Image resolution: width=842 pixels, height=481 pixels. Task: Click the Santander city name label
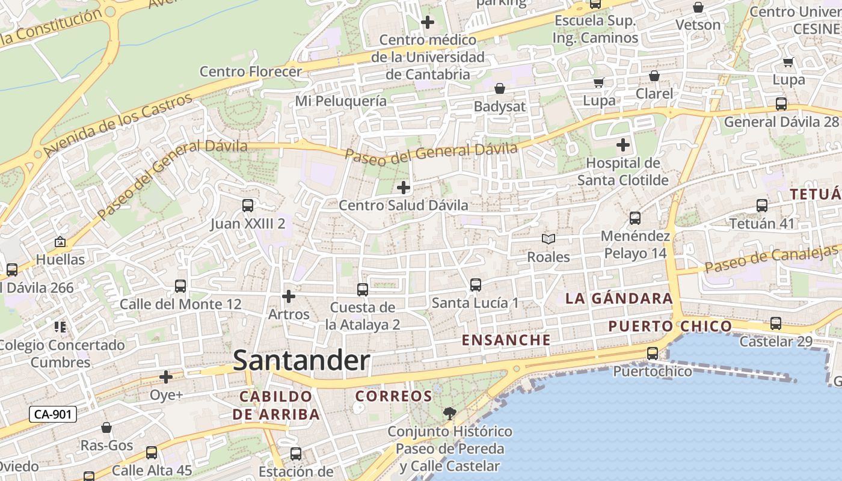(x=301, y=361)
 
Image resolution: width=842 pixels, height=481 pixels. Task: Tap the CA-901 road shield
(x=53, y=414)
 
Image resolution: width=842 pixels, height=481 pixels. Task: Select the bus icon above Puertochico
(x=653, y=354)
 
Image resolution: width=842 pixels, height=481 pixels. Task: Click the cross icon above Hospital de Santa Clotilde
(x=623, y=145)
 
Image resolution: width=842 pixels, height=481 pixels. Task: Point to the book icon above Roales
(x=548, y=239)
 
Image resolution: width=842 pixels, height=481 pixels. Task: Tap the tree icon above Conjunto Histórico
(x=449, y=413)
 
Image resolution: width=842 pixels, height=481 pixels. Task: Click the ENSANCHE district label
(x=506, y=340)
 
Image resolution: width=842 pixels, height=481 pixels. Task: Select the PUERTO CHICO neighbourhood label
(x=670, y=326)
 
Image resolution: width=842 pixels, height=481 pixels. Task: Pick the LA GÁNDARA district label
(x=619, y=298)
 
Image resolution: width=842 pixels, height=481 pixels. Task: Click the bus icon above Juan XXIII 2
(x=247, y=206)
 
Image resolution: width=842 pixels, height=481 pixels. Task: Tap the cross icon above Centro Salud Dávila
(x=404, y=188)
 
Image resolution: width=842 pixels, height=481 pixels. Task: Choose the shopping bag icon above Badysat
(x=499, y=89)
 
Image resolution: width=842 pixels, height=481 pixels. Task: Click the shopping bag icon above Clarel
(x=654, y=76)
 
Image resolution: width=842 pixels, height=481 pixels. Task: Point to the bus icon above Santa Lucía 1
(x=475, y=285)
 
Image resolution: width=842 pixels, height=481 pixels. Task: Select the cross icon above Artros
(x=289, y=296)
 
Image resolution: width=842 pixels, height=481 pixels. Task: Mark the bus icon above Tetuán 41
(x=762, y=206)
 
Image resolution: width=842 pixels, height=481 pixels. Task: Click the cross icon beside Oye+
(x=166, y=377)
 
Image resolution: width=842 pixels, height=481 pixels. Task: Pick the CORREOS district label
(x=393, y=396)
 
